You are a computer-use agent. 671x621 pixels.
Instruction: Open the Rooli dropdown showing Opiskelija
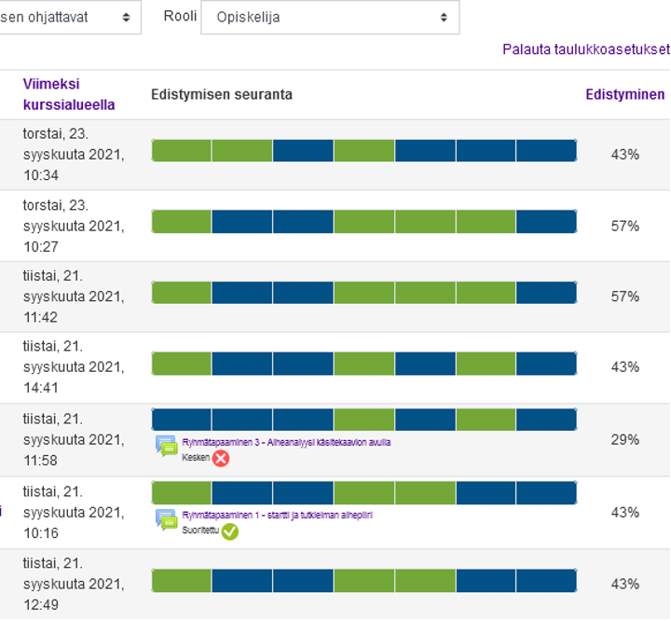coord(330,17)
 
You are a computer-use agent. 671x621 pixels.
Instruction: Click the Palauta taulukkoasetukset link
coord(585,49)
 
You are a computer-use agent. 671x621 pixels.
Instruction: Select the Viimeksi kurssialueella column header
coord(68,94)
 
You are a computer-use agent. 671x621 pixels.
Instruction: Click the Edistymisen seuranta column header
coord(222,94)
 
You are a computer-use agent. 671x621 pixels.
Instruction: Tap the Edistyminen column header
coord(624,94)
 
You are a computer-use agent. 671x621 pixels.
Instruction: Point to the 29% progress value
coord(624,439)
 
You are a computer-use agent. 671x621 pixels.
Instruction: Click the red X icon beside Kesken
coord(221,458)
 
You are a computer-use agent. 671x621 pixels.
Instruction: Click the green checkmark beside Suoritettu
coord(229,531)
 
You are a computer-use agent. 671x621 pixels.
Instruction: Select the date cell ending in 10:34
coord(73,154)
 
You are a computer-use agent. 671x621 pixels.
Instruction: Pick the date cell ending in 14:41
coord(73,367)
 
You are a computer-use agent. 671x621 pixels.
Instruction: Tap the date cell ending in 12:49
coord(73,584)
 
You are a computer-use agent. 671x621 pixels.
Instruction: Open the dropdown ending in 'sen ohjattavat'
coord(69,17)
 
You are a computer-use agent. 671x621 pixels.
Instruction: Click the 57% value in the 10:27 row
coord(624,226)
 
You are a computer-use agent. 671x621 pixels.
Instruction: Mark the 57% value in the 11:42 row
coord(624,297)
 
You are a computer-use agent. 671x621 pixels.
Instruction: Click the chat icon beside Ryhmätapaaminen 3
coord(167,446)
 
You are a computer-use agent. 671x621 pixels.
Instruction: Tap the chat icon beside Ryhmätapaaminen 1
coord(167,519)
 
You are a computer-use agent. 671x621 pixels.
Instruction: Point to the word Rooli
coord(179,17)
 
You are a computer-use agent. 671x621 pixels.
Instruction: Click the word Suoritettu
coord(200,531)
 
